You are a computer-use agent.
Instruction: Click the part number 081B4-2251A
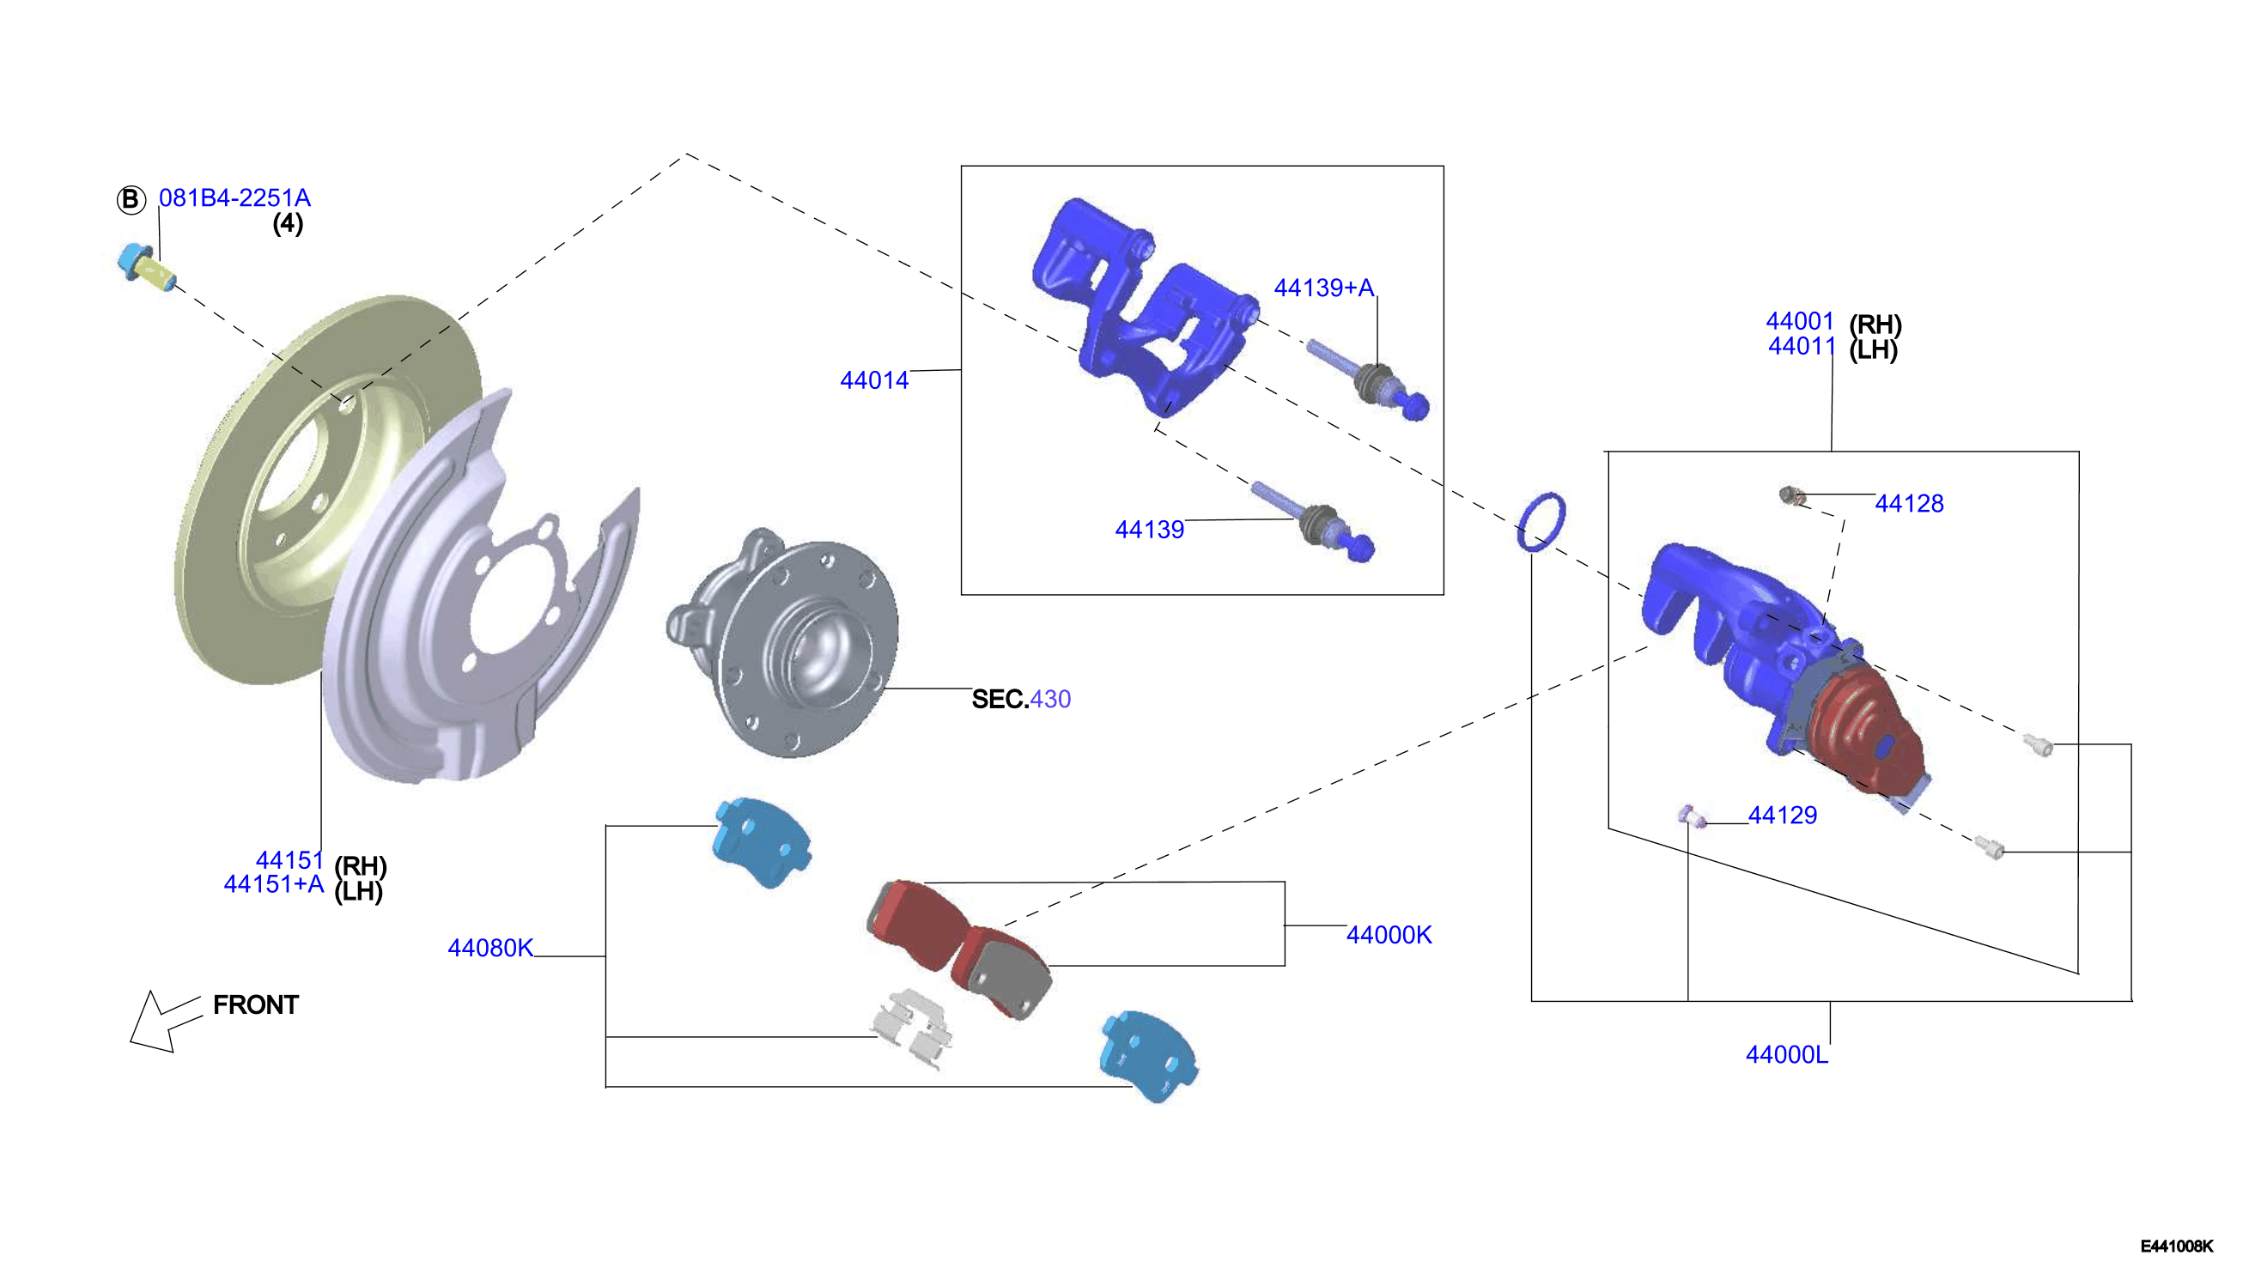click(x=234, y=197)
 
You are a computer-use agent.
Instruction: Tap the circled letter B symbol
click(x=131, y=199)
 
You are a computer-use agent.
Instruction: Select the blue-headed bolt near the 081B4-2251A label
click(x=146, y=267)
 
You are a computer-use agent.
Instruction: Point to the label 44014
click(x=874, y=380)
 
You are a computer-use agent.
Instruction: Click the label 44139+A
click(x=1324, y=288)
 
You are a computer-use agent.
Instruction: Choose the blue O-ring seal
click(x=1541, y=522)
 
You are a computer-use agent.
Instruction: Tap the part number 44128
click(x=1909, y=503)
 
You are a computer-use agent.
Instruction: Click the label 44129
click(x=1782, y=816)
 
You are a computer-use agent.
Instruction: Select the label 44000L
click(x=1786, y=1054)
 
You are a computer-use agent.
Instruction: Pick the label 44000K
click(x=1389, y=935)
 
